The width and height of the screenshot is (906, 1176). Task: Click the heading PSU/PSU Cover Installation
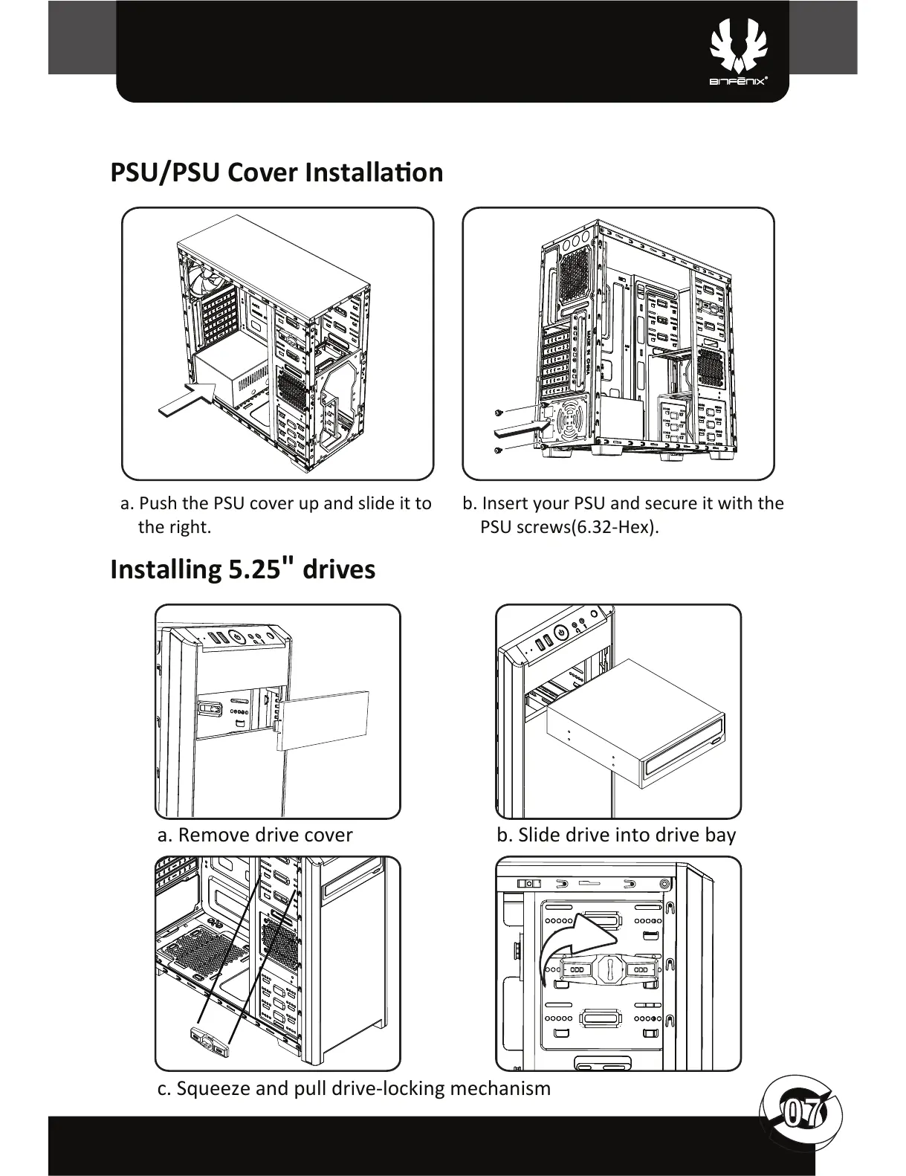click(x=276, y=172)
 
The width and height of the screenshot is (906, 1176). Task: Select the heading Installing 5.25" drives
click(x=242, y=569)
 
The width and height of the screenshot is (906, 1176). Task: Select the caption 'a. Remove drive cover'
click(x=254, y=835)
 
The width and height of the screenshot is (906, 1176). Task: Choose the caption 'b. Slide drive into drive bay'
click(x=616, y=835)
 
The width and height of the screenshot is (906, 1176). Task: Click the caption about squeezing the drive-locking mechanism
click(x=355, y=1088)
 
